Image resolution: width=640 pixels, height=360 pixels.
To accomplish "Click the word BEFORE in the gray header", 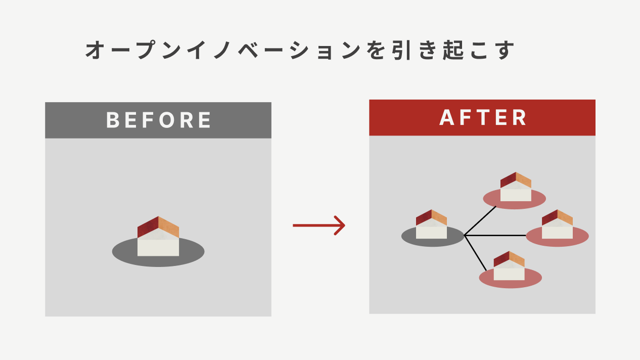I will pyautogui.click(x=159, y=120).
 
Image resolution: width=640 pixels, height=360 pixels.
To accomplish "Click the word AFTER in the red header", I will pyautogui.click(x=483, y=118).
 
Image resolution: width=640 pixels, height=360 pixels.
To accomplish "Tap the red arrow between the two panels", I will pyautogui.click(x=318, y=225).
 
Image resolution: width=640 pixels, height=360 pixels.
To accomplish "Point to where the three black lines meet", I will pyautogui.click(x=465, y=236).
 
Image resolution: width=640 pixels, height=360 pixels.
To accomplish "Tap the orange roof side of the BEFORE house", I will pyautogui.click(x=169, y=227).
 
